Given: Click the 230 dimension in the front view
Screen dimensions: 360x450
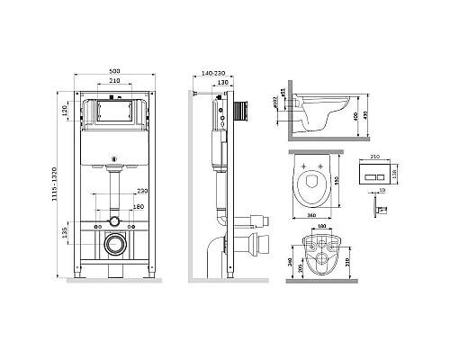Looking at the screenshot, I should tap(140, 192).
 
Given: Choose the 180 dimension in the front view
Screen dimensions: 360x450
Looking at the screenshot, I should tap(138, 206).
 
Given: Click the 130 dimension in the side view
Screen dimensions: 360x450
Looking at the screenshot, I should tap(221, 82).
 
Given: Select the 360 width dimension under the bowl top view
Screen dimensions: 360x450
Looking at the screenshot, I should tap(310, 217).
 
